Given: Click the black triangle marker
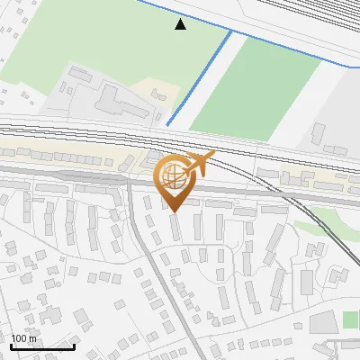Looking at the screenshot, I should point(180,24).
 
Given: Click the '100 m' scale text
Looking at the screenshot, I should point(23,338).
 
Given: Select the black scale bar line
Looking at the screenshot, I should point(41,346).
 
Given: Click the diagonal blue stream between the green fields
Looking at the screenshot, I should point(200,79).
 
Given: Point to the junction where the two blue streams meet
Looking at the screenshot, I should point(231,31).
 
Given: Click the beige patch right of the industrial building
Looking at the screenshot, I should point(158,93).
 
